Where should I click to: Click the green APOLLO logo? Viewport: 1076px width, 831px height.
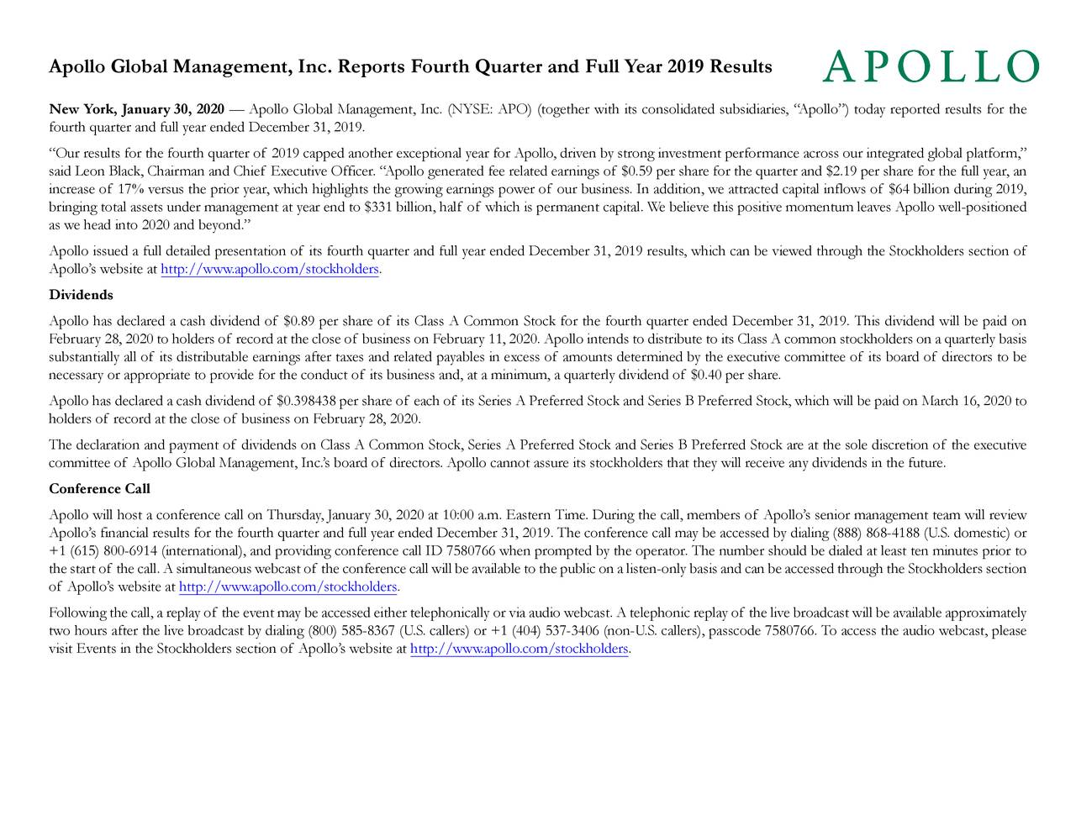point(930,66)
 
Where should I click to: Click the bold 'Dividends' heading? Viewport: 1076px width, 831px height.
point(81,295)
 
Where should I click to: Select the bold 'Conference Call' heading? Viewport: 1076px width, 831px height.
point(99,489)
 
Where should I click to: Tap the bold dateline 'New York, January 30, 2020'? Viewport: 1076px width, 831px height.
point(136,109)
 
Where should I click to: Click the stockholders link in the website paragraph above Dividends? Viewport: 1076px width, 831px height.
point(270,269)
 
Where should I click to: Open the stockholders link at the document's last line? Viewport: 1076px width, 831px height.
point(519,649)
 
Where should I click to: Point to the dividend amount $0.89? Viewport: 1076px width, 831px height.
point(300,320)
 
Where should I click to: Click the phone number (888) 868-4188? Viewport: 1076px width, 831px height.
point(875,533)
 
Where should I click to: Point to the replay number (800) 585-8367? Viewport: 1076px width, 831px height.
point(354,631)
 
